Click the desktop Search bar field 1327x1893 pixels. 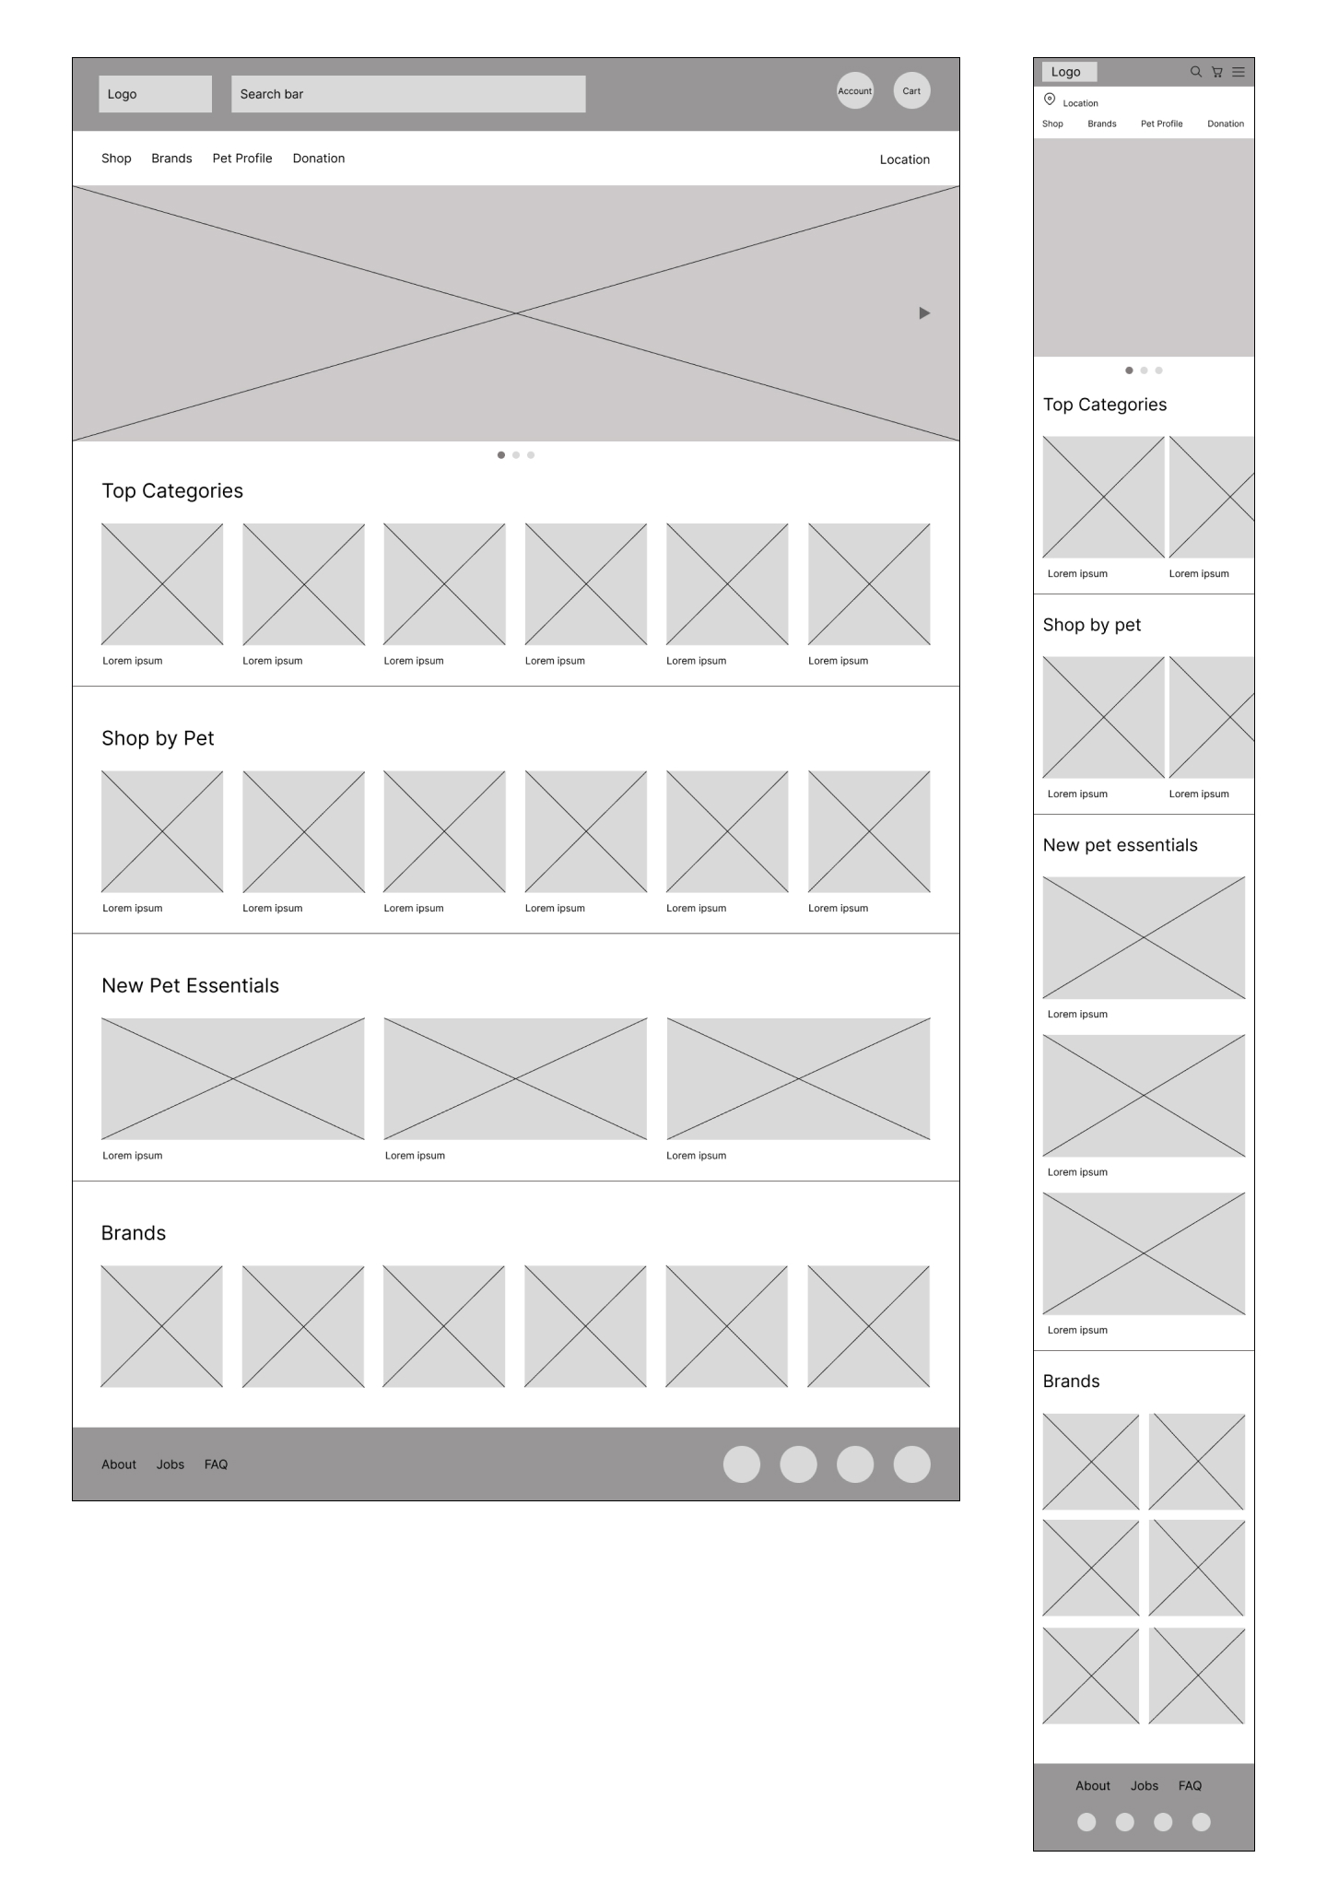pos(407,94)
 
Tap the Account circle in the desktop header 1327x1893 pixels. pos(854,90)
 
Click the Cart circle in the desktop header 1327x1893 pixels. pos(911,90)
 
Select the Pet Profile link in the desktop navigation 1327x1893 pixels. pos(242,159)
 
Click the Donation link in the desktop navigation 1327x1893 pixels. pos(319,159)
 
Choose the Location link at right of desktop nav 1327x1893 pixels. pos(904,159)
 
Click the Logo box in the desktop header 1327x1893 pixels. pos(155,94)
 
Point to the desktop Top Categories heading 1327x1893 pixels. pos(172,491)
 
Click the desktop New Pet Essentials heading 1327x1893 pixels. pos(190,986)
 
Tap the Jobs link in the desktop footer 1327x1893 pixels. pos(170,1464)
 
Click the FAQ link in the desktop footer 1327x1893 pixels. pos(216,1464)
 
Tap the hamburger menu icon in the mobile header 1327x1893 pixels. pos(1239,72)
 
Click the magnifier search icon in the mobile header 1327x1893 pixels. pos(1195,72)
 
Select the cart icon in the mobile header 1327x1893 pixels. pos(1217,72)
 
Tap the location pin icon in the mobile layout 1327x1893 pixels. pos(1050,100)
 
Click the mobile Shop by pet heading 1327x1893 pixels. pos(1091,625)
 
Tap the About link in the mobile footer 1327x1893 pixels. pos(1093,1786)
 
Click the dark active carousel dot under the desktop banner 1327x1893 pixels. pos(501,455)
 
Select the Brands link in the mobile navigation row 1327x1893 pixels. pos(1101,123)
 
